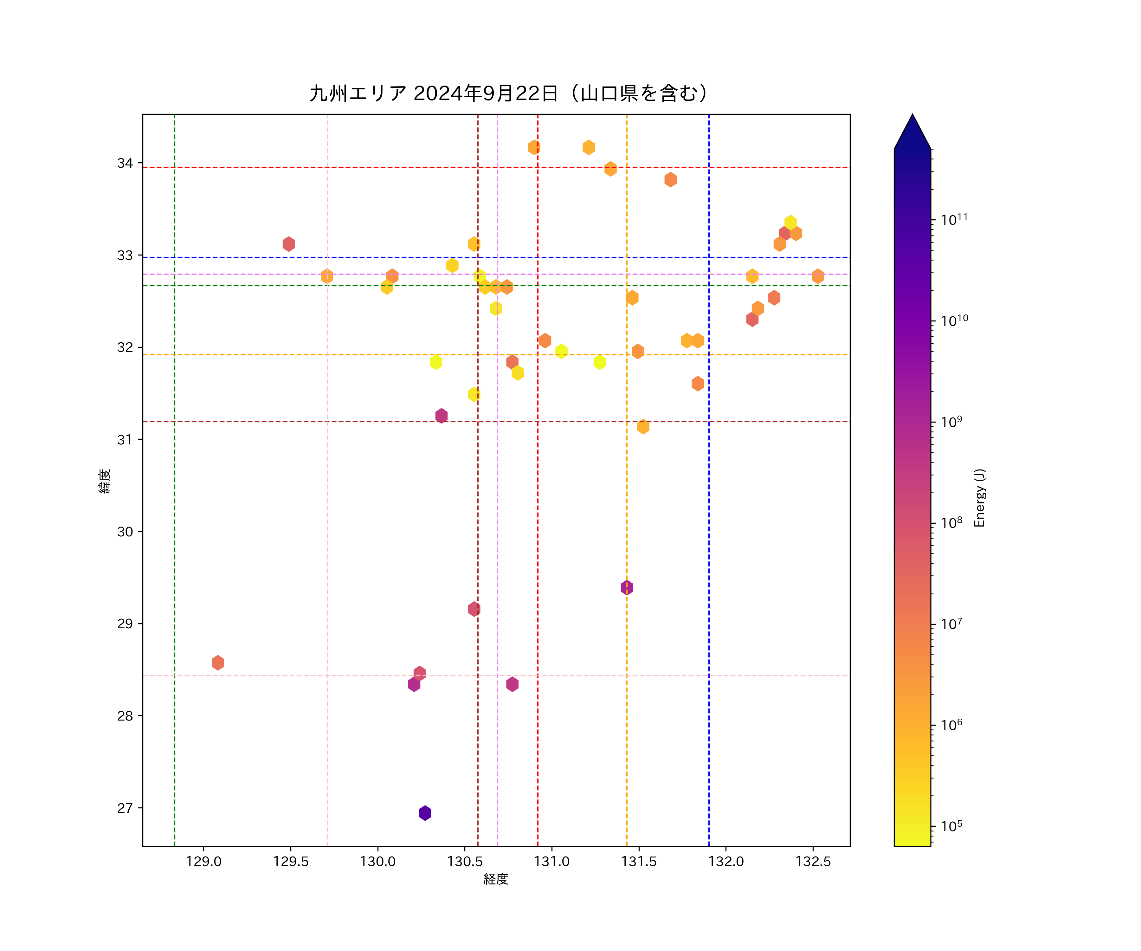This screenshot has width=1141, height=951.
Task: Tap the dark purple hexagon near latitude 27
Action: coord(425,813)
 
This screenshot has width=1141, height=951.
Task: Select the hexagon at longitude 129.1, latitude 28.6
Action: coord(218,663)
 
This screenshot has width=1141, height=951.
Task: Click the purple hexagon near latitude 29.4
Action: coord(627,587)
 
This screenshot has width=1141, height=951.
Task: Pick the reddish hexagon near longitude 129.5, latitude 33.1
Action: coord(288,244)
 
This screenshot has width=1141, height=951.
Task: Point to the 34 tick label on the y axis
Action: coord(125,163)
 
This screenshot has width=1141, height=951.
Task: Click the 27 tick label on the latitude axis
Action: coord(125,808)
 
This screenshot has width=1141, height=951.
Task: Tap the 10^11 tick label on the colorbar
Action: coord(954,220)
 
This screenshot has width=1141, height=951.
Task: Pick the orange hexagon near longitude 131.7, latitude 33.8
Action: coord(670,179)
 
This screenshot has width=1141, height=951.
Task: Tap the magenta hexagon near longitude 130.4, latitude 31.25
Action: coord(441,416)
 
